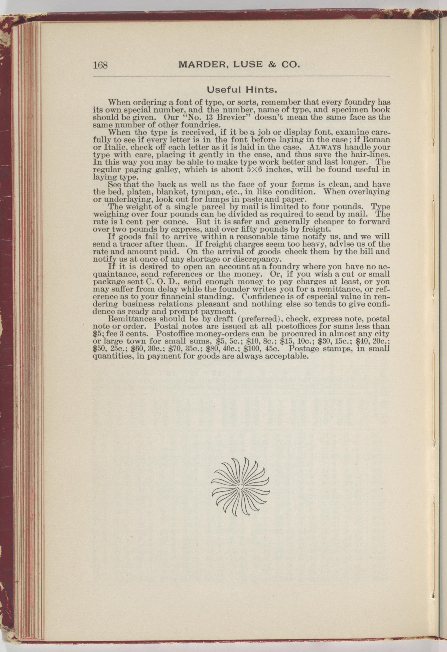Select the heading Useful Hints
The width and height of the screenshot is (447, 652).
242,89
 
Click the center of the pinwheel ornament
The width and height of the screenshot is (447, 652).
240,487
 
